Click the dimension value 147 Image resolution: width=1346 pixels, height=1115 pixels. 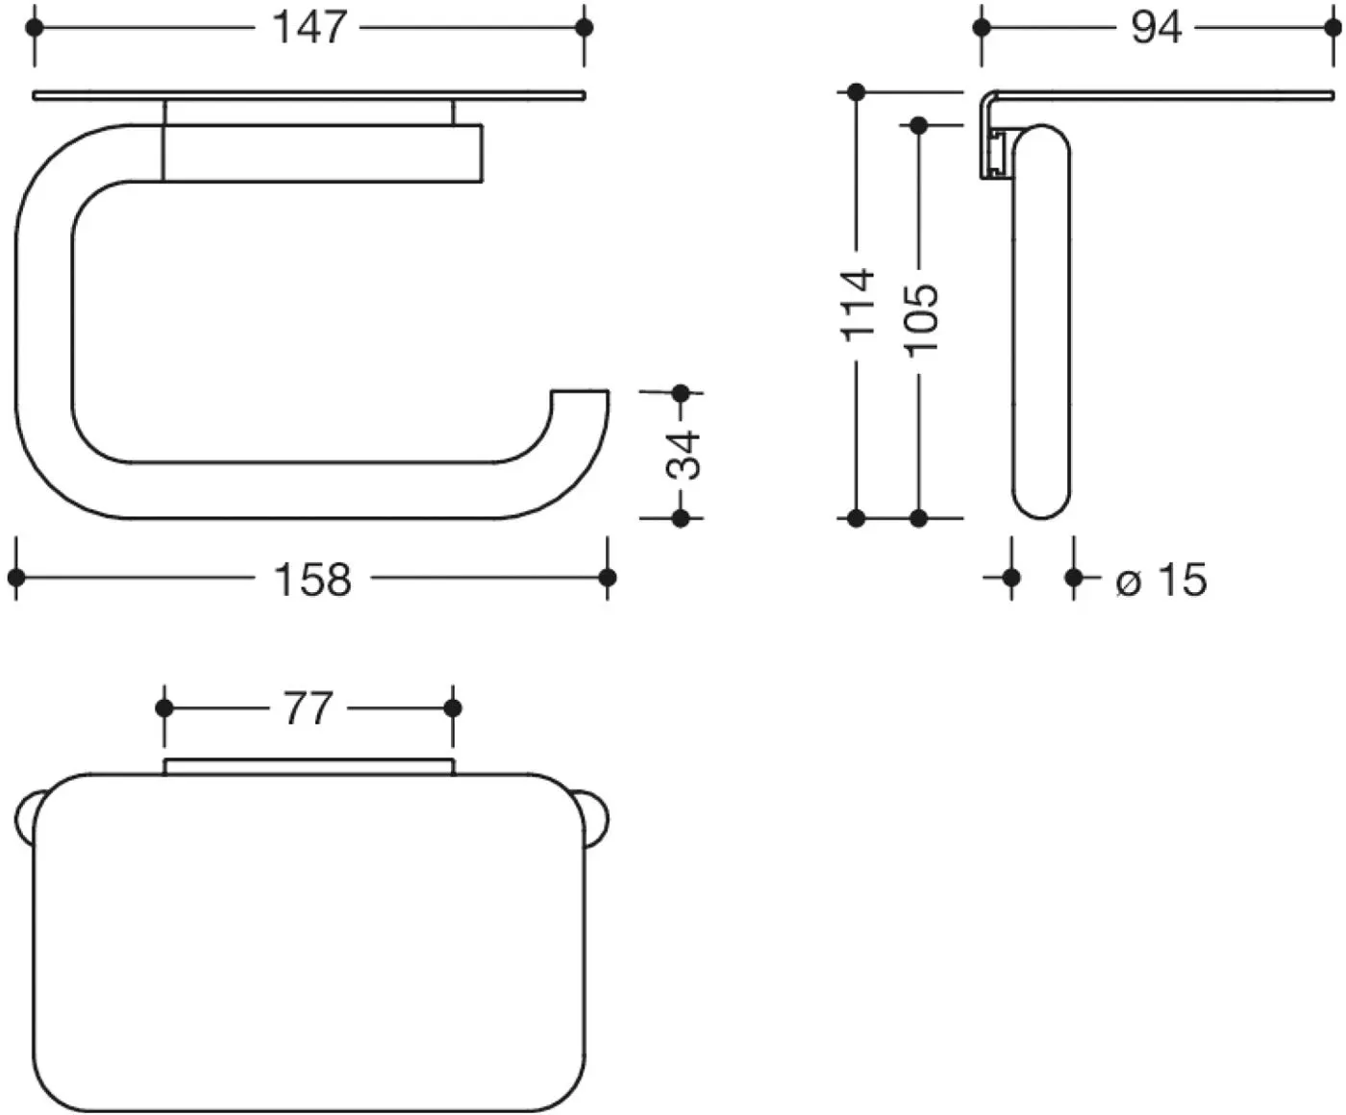coord(310,29)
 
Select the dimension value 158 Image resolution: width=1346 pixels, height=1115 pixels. coord(312,580)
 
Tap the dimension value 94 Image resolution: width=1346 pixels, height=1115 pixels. coord(1157,29)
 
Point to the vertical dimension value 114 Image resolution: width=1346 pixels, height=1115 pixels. coord(858,305)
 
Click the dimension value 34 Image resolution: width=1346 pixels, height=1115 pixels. coord(683,456)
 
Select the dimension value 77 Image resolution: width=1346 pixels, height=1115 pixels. coord(308,708)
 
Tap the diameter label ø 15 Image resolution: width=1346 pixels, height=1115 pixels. coord(1161,580)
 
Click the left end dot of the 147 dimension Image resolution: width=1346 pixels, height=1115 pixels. coord(35,28)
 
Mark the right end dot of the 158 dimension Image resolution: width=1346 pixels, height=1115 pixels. coord(608,578)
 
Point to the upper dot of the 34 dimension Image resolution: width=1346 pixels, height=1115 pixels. coord(681,392)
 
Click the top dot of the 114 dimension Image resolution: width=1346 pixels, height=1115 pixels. coord(856,92)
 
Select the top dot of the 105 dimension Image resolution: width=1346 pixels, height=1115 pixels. coord(919,125)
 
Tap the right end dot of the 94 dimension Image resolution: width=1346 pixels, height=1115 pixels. coord(1334,28)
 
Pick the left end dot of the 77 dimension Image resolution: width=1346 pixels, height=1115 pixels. coord(164,708)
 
